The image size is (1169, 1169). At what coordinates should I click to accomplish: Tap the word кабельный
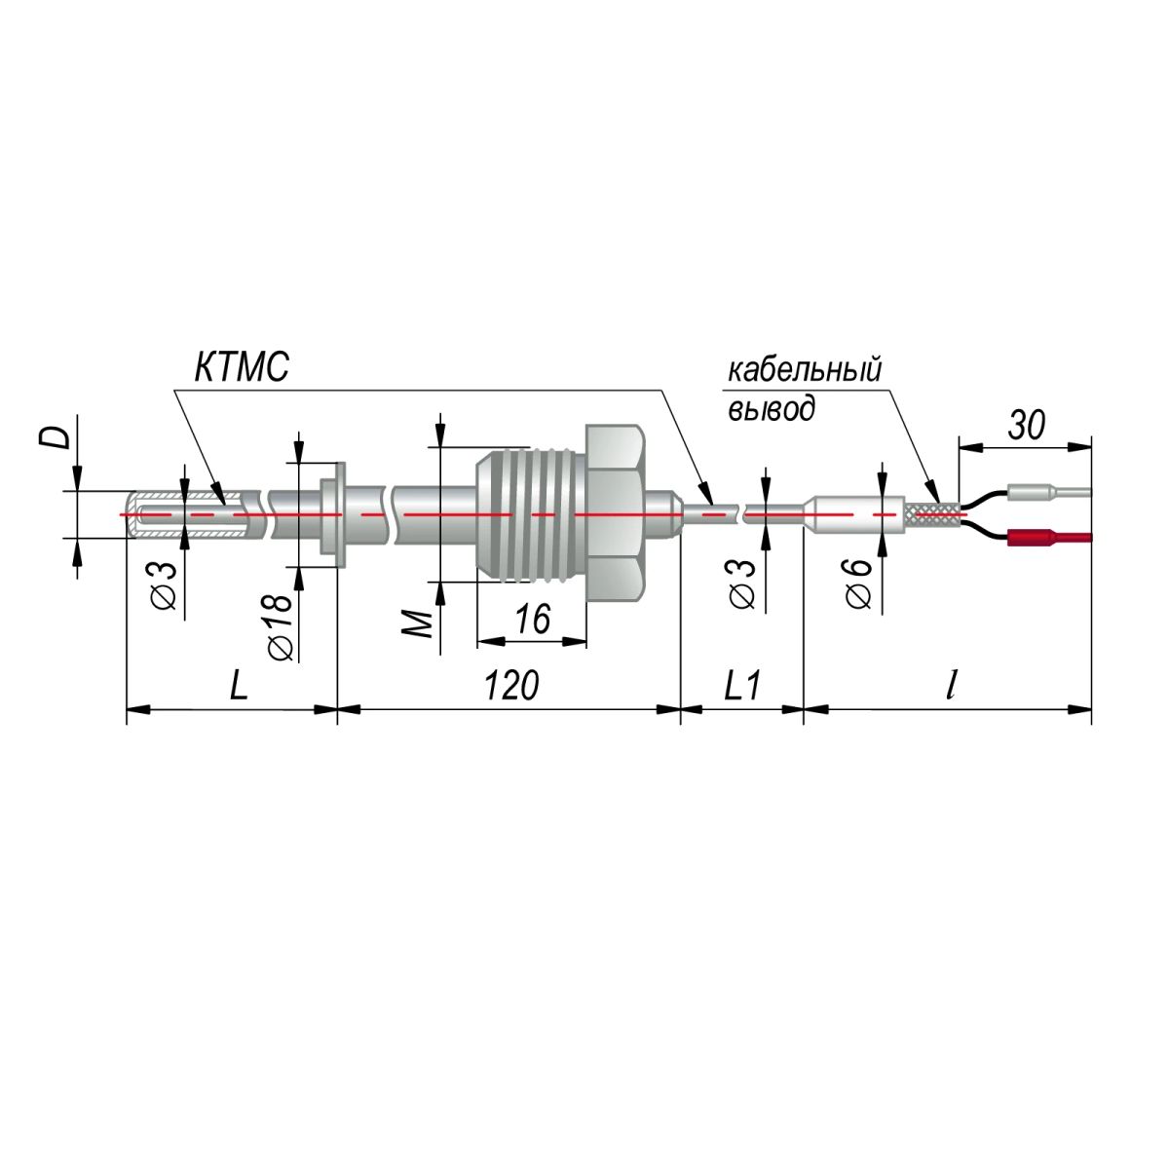click(805, 369)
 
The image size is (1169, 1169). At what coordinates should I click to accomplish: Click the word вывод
click(771, 408)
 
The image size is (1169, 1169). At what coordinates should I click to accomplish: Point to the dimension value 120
click(511, 685)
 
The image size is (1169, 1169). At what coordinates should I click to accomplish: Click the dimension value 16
click(533, 619)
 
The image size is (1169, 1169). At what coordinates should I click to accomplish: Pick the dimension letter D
click(58, 436)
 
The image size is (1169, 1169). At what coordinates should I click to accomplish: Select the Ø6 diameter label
click(858, 583)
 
